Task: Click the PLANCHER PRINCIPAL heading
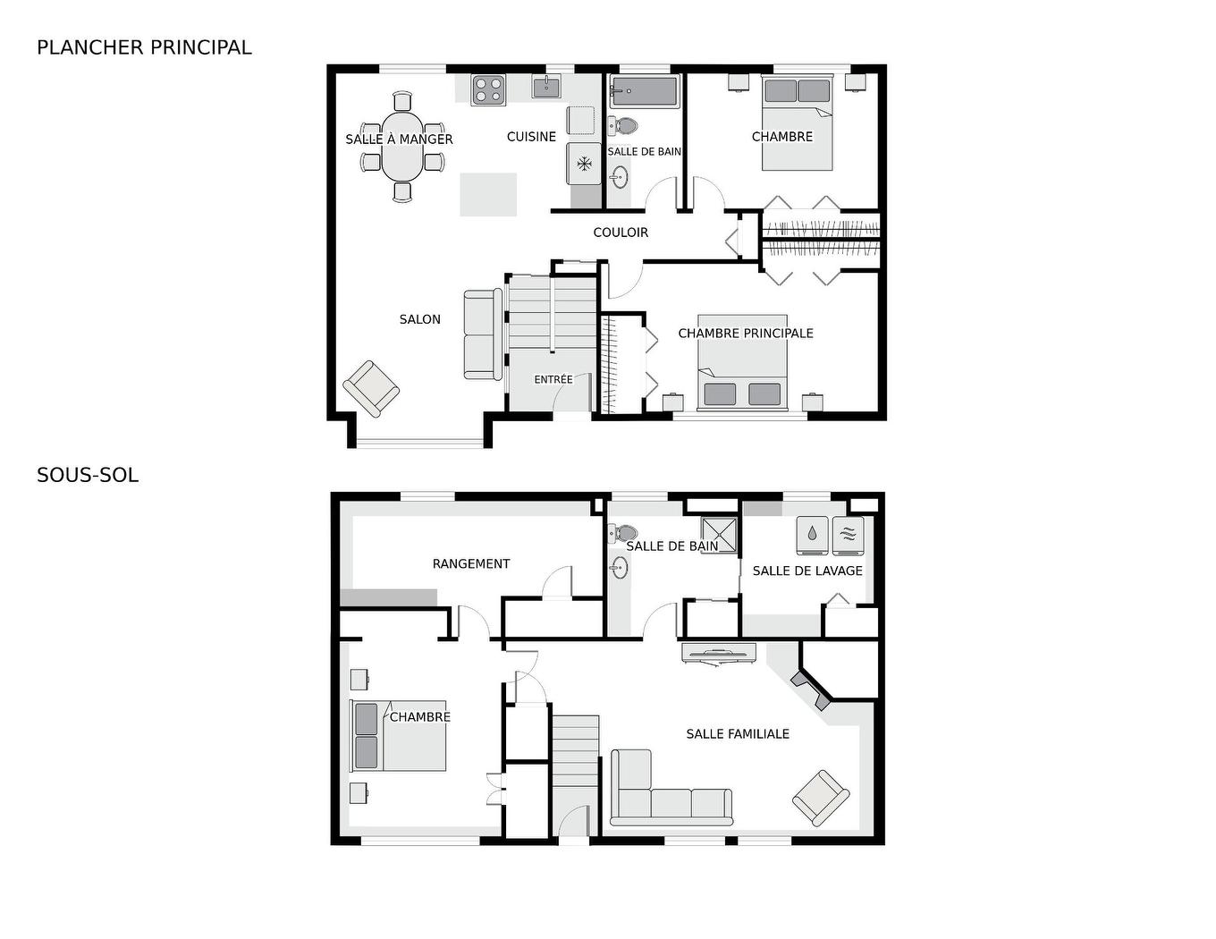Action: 144,47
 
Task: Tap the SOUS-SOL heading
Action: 88,475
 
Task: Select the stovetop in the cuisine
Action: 488,89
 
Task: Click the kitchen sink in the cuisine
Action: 546,87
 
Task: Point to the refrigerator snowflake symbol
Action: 584,164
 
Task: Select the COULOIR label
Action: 621,233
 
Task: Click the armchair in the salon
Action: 371,388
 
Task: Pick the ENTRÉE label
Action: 553,379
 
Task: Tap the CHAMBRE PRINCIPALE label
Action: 746,334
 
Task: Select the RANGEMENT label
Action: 471,563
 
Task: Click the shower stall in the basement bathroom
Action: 720,534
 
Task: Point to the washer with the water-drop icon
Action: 812,535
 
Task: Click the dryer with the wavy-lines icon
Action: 849,535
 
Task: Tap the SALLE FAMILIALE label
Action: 738,734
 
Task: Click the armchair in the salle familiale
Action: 820,797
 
